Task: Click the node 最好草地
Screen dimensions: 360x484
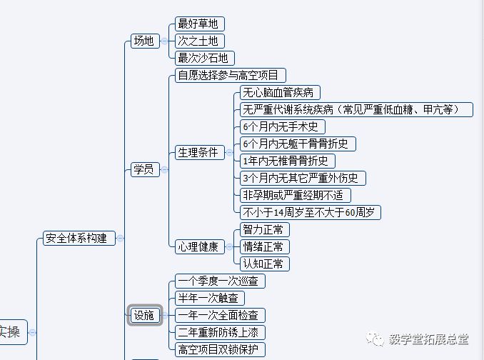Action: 196,24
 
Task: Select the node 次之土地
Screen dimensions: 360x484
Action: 196,41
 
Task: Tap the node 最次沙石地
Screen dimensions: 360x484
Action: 203,58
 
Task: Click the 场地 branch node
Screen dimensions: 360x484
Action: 143,41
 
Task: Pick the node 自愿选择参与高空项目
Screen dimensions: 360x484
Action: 231,75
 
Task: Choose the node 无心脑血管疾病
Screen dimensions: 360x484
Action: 277,92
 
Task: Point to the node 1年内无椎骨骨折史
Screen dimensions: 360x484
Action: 285,161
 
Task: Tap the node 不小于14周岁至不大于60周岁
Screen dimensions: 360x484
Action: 311,212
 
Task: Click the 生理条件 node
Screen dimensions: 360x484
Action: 198,152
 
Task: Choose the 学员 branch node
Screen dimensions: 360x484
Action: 143,169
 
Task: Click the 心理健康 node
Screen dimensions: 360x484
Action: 198,246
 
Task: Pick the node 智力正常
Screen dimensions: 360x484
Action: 263,229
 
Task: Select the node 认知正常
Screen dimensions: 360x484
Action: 263,264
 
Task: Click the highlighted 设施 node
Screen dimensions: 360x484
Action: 144,315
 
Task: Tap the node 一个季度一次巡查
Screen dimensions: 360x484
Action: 220,281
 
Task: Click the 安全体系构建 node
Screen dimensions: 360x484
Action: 76,238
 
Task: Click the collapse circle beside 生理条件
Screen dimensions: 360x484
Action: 230,152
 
